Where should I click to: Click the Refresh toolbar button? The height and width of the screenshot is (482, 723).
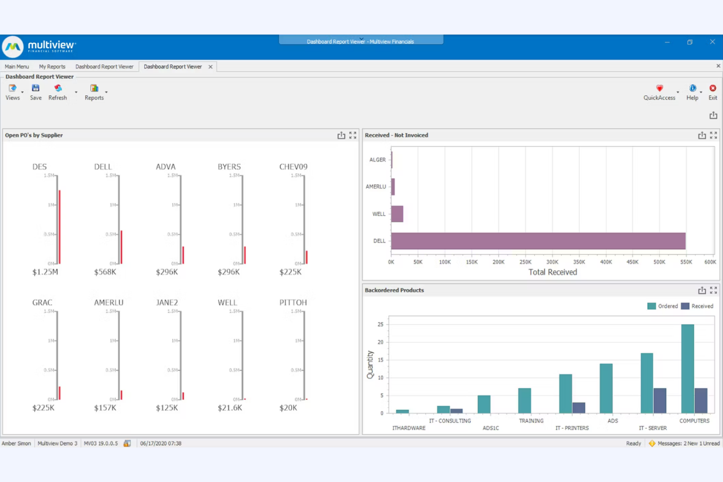point(58,91)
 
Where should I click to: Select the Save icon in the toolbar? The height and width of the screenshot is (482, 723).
point(36,91)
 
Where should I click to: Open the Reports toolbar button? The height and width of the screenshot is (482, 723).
point(94,91)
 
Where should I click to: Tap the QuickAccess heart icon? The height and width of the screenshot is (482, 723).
point(659,88)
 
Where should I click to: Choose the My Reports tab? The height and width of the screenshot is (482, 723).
point(52,66)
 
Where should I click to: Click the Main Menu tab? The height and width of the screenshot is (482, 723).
point(17,66)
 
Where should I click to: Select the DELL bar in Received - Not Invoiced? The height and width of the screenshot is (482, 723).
point(537,241)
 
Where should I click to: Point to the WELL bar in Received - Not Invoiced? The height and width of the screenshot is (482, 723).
point(397,214)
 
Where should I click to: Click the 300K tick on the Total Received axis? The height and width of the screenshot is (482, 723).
point(552,262)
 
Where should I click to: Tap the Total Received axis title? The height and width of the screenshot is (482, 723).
point(553,272)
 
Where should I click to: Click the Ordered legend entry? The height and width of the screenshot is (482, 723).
point(662,306)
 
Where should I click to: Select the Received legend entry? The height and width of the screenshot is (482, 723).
point(697,306)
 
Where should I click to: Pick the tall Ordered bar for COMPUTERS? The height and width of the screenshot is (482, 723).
point(687,369)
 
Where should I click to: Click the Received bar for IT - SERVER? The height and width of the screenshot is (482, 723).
point(659,400)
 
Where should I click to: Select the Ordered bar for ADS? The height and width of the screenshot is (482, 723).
point(606,388)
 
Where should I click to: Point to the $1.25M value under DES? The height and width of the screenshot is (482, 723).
point(45,272)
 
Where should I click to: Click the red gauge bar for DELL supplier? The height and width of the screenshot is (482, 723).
point(121,247)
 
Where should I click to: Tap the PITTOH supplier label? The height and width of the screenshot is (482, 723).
point(293,303)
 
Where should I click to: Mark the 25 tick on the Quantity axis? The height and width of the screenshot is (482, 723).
point(381,324)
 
